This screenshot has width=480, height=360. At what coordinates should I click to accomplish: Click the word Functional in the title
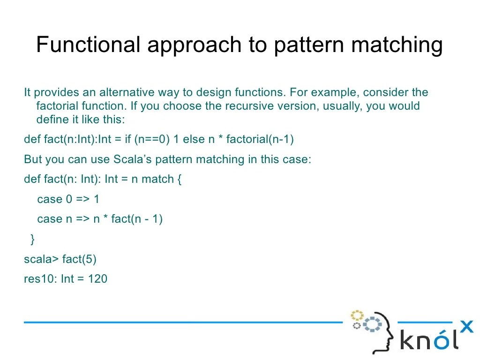click(x=88, y=45)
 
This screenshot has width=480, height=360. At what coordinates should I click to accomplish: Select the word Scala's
click(x=133, y=159)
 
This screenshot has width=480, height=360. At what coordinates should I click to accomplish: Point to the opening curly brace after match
click(x=179, y=180)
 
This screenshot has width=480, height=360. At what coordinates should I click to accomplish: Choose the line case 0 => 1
click(x=68, y=199)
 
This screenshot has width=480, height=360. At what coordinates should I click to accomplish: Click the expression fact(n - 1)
click(x=136, y=219)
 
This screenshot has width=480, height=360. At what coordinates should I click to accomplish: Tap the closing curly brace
click(x=32, y=239)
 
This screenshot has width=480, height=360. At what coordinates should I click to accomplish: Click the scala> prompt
click(x=41, y=259)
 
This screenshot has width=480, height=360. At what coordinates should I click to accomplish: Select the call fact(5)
click(x=79, y=259)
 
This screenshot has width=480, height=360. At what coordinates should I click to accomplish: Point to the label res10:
click(x=40, y=279)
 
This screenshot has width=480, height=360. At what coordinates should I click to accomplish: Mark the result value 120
click(x=97, y=279)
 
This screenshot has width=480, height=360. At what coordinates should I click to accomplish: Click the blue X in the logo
click(x=467, y=326)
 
